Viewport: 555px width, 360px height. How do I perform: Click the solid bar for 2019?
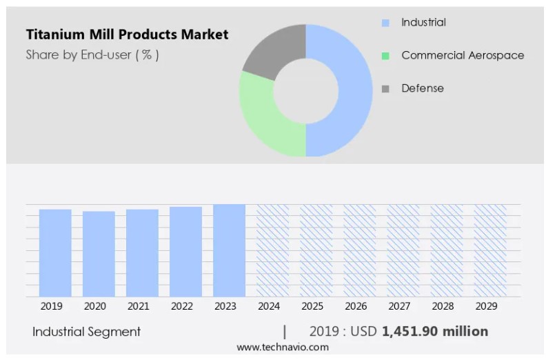(55, 252)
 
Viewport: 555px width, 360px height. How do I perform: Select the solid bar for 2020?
(99, 254)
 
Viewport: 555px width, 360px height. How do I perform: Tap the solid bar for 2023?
(229, 250)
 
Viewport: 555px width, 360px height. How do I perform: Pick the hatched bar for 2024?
(272, 250)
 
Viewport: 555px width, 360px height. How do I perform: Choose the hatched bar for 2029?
(490, 250)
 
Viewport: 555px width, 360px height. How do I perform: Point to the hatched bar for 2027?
(403, 250)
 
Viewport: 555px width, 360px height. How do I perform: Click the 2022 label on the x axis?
(182, 306)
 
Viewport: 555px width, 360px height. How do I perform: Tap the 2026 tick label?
(356, 306)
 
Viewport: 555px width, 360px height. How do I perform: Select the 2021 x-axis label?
(138, 306)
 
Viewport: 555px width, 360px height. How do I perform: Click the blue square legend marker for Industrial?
(385, 23)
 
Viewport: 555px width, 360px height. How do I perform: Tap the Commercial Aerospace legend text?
(463, 55)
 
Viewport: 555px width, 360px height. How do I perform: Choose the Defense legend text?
(423, 88)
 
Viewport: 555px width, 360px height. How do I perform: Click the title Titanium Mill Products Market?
(127, 34)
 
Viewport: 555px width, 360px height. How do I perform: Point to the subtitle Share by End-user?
(92, 55)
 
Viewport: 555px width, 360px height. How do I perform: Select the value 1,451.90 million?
(434, 332)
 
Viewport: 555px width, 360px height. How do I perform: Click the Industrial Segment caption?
(86, 332)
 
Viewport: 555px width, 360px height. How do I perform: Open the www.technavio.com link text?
(283, 348)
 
